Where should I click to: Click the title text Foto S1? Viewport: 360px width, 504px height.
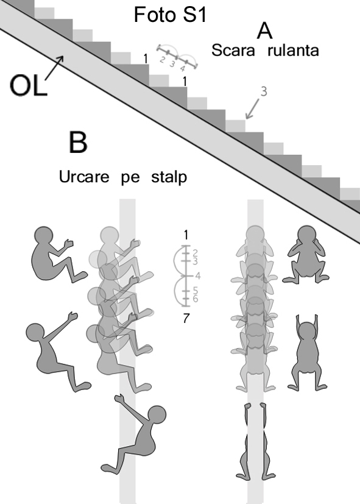click(x=170, y=15)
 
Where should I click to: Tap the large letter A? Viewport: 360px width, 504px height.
click(x=264, y=31)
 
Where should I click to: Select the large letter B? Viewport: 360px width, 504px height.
click(x=78, y=143)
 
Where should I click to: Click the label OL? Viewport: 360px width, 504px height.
click(x=28, y=85)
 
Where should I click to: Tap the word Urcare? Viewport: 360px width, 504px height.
click(x=84, y=177)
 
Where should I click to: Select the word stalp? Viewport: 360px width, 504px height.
click(x=169, y=177)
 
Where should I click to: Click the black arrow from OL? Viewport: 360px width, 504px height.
click(x=54, y=68)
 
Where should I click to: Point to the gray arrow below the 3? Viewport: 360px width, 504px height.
click(x=252, y=108)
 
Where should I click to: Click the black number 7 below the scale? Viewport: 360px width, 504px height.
click(x=186, y=319)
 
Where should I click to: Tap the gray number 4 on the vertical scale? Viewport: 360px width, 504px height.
click(x=197, y=275)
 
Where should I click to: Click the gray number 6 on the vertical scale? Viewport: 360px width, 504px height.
click(x=196, y=299)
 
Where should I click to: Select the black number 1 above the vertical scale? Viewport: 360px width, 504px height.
click(x=186, y=235)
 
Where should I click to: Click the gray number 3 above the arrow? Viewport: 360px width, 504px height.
click(x=264, y=91)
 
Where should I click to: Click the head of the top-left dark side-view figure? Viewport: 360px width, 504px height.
click(x=44, y=236)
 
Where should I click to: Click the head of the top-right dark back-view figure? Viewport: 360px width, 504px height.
click(x=307, y=235)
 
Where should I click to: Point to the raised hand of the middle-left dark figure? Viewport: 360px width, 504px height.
click(x=73, y=316)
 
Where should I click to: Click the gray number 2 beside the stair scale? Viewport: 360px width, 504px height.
click(x=162, y=60)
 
